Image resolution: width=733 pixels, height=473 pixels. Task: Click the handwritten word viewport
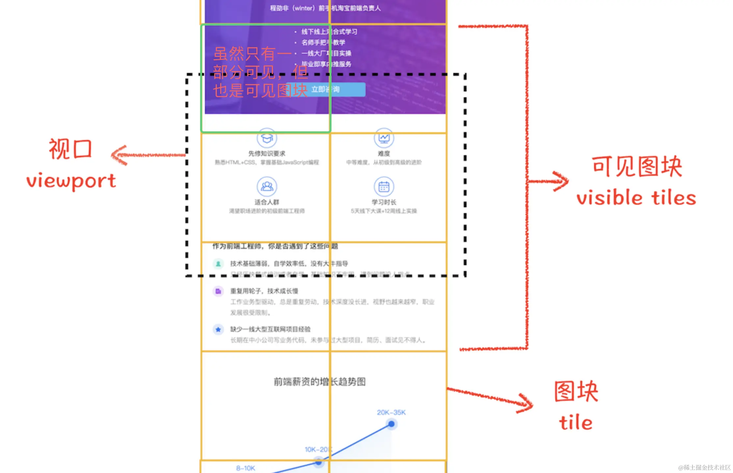(x=71, y=181)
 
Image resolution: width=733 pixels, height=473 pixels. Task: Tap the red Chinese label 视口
(x=70, y=149)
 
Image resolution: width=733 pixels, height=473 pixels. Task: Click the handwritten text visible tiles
(x=636, y=198)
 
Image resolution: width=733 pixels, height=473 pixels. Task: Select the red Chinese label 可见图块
(x=637, y=166)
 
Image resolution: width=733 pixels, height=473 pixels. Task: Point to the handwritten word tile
(x=576, y=423)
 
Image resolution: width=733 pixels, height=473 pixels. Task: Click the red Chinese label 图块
(x=576, y=391)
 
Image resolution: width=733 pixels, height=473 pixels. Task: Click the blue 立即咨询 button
(x=326, y=89)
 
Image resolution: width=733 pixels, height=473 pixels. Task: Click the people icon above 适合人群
(x=267, y=187)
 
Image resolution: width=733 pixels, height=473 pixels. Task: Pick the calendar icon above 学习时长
(x=384, y=187)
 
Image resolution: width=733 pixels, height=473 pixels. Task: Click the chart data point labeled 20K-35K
(x=391, y=424)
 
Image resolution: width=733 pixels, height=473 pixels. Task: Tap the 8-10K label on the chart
(x=245, y=468)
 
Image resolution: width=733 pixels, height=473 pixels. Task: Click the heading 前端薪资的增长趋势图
(x=320, y=382)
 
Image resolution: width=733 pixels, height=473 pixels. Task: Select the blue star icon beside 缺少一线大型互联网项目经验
(x=218, y=329)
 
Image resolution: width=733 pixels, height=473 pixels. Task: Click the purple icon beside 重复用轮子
(x=218, y=291)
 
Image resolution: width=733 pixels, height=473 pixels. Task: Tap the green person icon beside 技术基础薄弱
(x=218, y=263)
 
